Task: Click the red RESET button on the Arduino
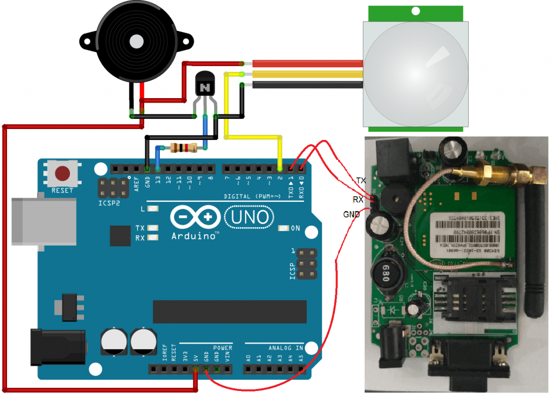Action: coord(63,174)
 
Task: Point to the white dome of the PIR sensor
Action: coord(415,68)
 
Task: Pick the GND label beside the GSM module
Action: coord(351,215)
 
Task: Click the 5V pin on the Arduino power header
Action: coord(196,370)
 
